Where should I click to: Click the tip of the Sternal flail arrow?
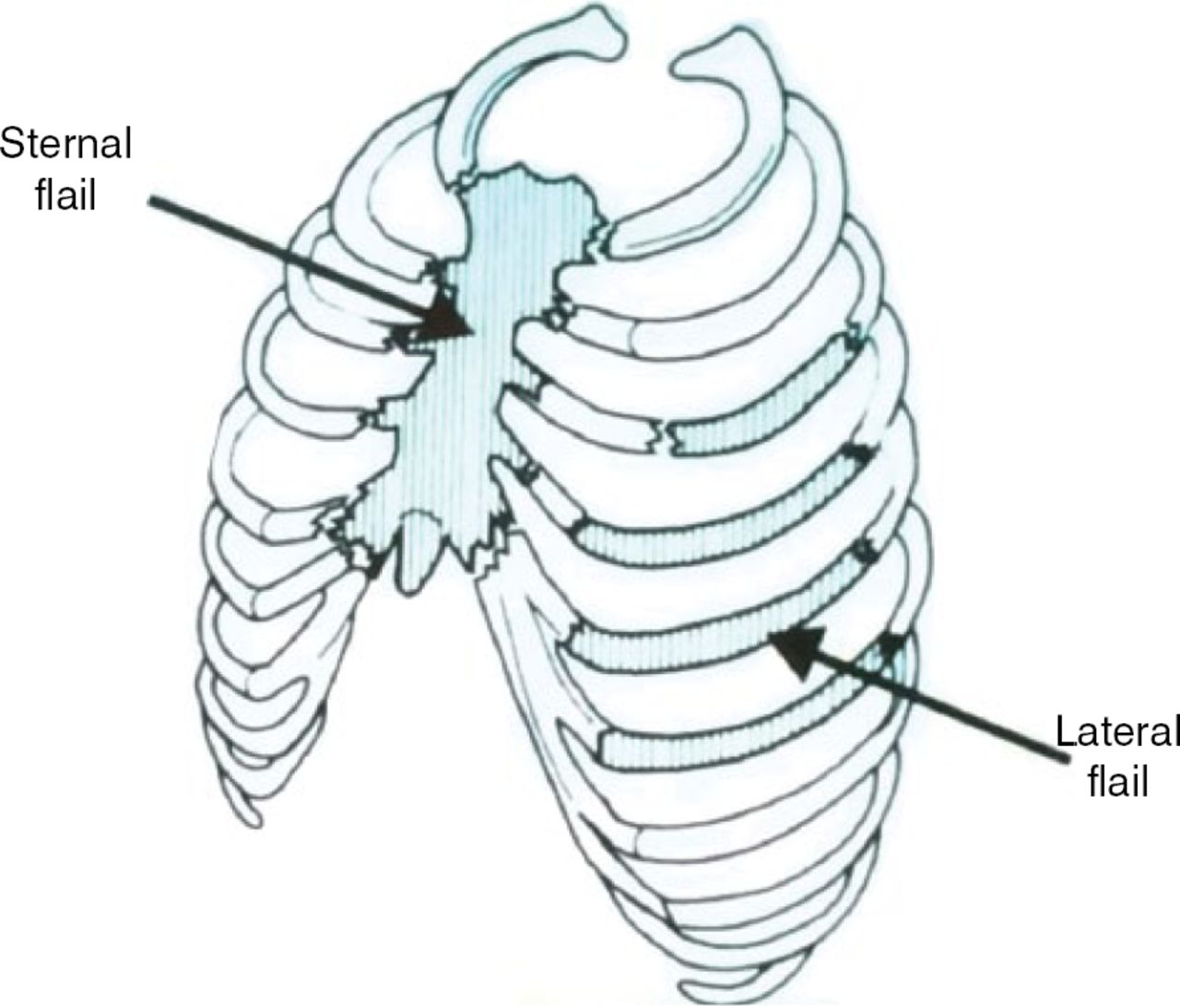coord(472,333)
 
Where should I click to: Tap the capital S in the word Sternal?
coord(13,144)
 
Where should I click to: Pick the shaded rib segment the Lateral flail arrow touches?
coord(714,628)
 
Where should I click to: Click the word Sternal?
coord(66,144)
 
